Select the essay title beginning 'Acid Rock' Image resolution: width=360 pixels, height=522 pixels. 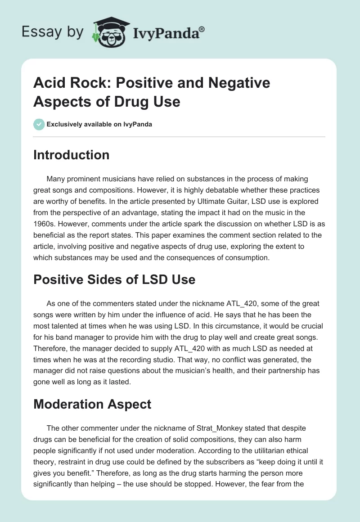[152, 92]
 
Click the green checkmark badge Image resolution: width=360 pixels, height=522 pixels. [39, 124]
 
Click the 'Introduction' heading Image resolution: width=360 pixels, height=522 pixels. [71, 155]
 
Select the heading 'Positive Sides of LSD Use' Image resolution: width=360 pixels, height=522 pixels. [114, 279]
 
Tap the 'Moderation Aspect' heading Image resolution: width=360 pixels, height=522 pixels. [92, 404]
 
